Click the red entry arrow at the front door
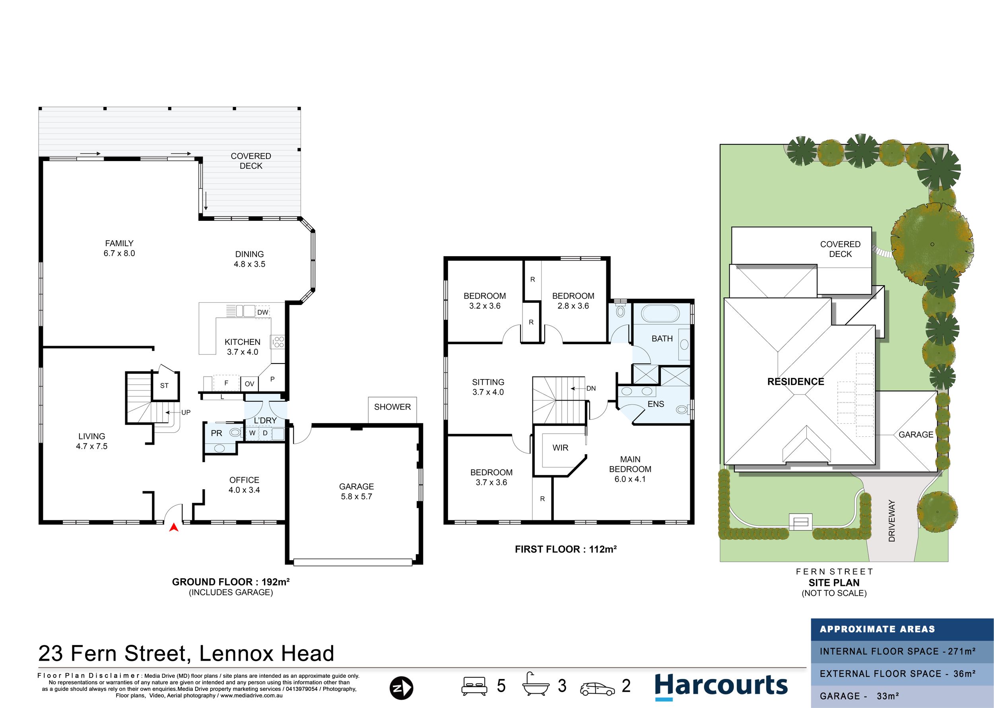click(x=174, y=527)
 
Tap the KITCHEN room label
click(x=242, y=342)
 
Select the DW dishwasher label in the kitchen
click(x=263, y=312)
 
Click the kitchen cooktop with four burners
click(x=278, y=342)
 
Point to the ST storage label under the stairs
click(x=164, y=386)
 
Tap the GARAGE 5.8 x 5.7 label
click(x=357, y=491)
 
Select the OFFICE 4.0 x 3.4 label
click(x=244, y=485)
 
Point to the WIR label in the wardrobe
click(x=560, y=448)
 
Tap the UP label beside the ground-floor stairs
click(x=186, y=412)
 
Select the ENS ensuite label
click(x=655, y=404)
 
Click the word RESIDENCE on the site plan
click(x=796, y=381)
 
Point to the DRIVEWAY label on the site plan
click(x=891, y=521)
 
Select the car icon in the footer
click(x=598, y=689)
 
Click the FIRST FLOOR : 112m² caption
click(x=566, y=549)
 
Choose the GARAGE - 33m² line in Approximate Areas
click(x=859, y=696)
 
